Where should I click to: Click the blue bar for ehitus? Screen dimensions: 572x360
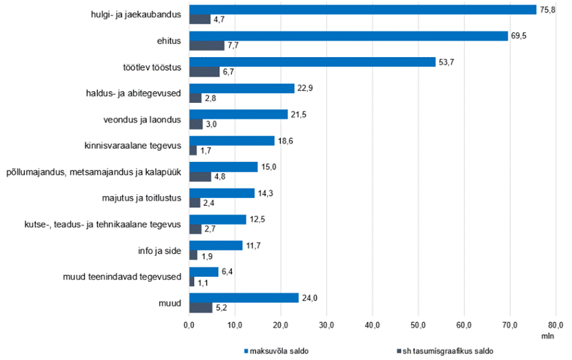[349, 36]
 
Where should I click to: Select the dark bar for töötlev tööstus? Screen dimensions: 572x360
[204, 72]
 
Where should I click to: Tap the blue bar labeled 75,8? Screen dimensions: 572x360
[363, 10]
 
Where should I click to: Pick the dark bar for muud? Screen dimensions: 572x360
[200, 308]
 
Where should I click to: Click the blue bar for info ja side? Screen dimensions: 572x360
[216, 245]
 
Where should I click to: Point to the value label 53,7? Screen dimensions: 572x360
[446, 62]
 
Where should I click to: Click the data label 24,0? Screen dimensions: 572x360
[309, 298]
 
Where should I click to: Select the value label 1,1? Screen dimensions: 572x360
[203, 283]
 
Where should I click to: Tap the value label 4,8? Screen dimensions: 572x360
[219, 176]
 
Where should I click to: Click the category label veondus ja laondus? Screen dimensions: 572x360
[142, 120]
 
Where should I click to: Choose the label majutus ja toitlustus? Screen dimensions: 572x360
[142, 198]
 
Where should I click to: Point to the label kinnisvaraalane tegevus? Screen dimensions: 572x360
[133, 146]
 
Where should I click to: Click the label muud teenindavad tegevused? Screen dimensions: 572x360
[122, 277]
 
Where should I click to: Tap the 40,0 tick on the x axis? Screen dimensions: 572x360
[372, 325]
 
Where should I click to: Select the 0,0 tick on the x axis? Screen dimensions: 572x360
[189, 325]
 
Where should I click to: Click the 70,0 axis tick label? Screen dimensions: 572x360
[510, 325]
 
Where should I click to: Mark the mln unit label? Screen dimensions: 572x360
[548, 336]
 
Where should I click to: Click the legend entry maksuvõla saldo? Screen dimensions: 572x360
[276, 351]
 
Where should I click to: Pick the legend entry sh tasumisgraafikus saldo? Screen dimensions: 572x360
[445, 351]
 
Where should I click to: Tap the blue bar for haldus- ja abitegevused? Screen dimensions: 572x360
[242, 89]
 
